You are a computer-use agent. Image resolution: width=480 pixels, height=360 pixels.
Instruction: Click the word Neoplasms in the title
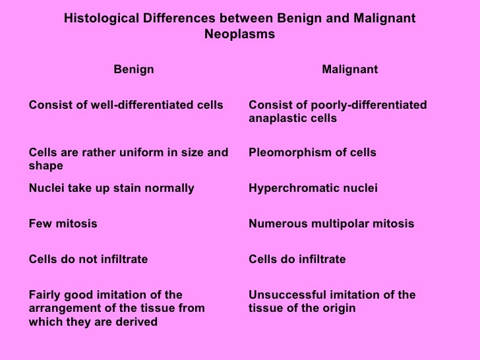click(x=239, y=34)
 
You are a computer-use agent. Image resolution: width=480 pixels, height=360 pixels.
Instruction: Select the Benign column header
click(x=134, y=70)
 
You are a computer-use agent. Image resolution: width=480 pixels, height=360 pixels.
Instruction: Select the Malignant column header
click(x=349, y=70)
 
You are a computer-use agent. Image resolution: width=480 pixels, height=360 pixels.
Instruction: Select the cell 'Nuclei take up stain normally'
click(x=112, y=189)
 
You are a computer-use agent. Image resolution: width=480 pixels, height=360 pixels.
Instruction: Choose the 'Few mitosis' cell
click(x=63, y=224)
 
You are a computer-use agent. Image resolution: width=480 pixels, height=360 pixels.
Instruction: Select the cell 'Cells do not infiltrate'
click(x=89, y=260)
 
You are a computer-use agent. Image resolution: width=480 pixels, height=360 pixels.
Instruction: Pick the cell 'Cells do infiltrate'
click(x=297, y=260)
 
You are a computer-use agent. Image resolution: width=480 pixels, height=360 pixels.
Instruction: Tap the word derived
click(x=138, y=322)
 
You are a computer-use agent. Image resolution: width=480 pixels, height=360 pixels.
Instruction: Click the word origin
click(x=339, y=309)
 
